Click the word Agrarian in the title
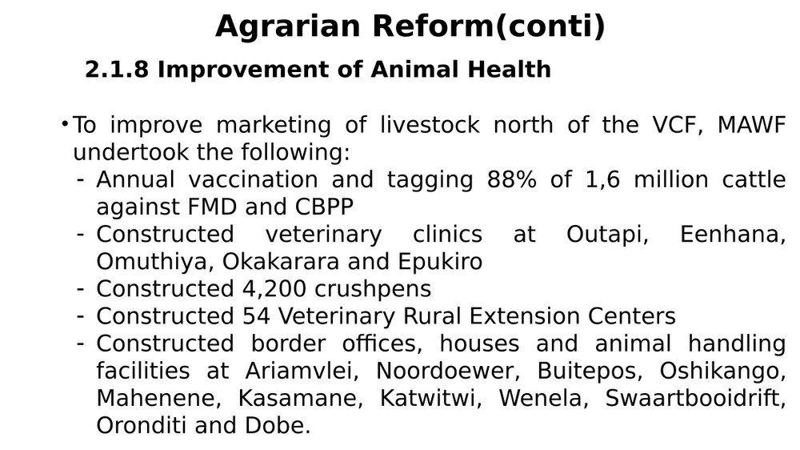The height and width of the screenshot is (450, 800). click(288, 26)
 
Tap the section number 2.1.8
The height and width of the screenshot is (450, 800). click(116, 70)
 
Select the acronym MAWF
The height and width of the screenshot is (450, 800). click(751, 125)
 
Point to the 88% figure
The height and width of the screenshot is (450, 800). click(512, 180)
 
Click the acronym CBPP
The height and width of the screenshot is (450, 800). click(324, 207)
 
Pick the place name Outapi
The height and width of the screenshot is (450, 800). click(607, 235)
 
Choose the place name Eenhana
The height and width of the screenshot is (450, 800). click(733, 235)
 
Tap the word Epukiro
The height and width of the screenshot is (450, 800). click(440, 262)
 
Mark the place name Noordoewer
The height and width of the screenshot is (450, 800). click(447, 372)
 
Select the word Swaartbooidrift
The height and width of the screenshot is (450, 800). click(695, 399)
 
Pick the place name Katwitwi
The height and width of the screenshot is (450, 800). click(430, 399)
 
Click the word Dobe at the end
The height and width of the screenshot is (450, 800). click(278, 426)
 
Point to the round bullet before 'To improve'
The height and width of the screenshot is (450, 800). click(64, 123)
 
